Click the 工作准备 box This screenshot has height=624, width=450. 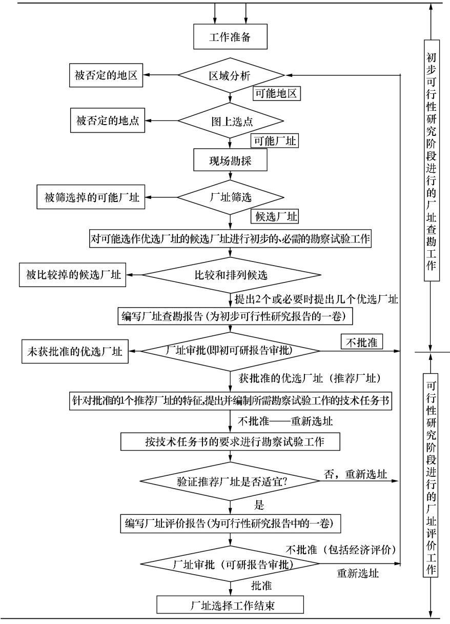tap(230, 37)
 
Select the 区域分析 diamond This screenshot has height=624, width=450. tap(230, 76)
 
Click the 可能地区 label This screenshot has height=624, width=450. tap(276, 94)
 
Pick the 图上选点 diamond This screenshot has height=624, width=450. tap(230, 122)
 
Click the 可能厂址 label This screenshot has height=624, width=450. tap(274, 140)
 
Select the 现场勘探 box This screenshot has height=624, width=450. tap(230, 160)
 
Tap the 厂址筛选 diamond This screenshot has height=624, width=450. tap(230, 197)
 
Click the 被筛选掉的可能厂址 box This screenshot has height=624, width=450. tap(91, 197)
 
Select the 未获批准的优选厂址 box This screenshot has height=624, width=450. tap(74, 352)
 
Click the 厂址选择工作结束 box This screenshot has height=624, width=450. tap(230, 604)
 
